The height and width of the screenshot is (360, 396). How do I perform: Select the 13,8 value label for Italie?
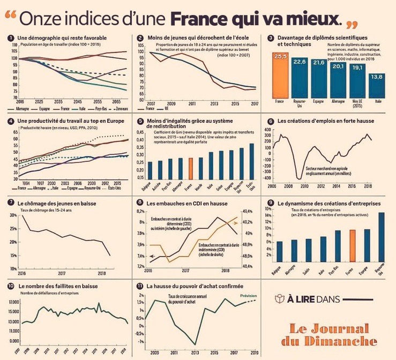coord(377,77)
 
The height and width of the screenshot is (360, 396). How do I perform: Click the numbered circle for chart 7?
coord(11,203)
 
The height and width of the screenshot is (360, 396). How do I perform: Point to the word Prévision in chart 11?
coord(248,295)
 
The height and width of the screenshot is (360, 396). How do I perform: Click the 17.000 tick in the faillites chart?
coord(13,302)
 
